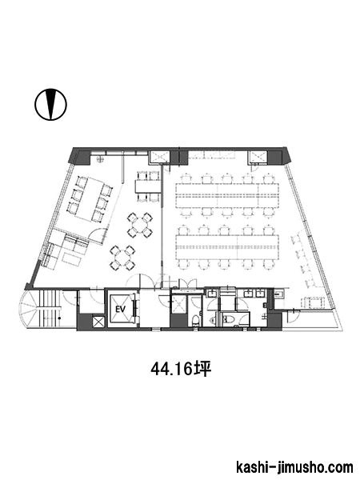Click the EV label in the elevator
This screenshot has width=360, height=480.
[121, 309]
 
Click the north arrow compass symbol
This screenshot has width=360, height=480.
[51, 104]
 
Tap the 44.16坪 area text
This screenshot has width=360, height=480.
[181, 370]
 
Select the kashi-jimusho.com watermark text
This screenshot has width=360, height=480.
[294, 467]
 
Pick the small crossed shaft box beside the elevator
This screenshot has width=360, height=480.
[98, 322]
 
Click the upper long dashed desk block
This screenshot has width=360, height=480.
[227, 194]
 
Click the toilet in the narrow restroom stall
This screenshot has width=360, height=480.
[195, 320]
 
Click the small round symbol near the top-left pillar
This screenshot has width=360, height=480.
[99, 158]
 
